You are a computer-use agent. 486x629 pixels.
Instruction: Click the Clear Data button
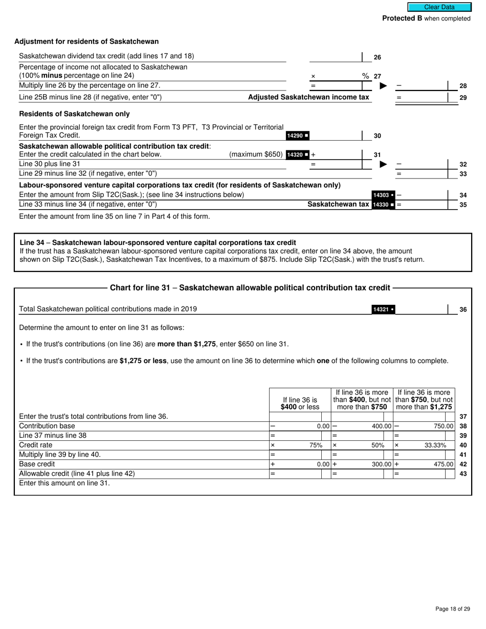[439, 7]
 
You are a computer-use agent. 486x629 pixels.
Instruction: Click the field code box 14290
[297, 136]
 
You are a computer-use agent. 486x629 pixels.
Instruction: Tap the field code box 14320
[297, 154]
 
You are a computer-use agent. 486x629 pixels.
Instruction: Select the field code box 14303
[383, 195]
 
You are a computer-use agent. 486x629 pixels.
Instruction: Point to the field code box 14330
[383, 205]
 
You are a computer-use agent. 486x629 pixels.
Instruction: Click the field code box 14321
[383, 309]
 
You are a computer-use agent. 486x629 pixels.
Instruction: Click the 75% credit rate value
[316, 445]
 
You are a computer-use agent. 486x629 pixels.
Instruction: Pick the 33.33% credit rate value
[435, 445]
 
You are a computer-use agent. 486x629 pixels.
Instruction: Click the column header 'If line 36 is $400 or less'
[300, 403]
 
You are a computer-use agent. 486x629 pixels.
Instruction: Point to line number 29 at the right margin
[463, 97]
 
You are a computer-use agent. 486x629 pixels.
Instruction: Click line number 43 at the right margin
[463, 474]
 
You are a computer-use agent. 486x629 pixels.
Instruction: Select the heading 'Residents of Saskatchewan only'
[74, 114]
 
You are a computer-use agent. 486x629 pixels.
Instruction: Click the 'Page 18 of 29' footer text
[452, 609]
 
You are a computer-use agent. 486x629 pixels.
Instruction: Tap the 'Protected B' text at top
[402, 18]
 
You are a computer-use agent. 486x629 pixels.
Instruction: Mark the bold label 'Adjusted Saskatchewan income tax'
[308, 97]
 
